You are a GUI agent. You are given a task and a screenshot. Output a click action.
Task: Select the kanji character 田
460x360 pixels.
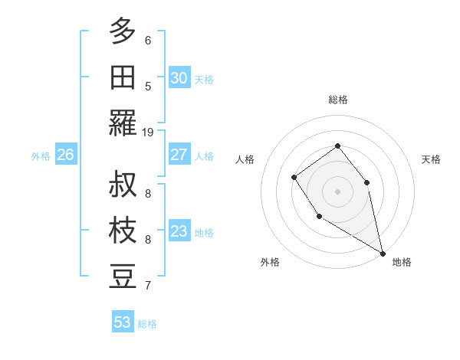pos(123,77)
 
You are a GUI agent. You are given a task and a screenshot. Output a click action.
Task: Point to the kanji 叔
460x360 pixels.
pos(123,185)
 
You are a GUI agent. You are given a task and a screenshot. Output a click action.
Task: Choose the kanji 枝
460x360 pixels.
pos(123,231)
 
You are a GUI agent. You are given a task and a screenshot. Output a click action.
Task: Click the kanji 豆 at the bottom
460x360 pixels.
pos(123,277)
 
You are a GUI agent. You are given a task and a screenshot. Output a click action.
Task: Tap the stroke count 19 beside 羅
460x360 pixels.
pos(148,132)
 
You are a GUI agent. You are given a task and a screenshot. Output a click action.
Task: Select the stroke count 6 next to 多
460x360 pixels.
pos(148,41)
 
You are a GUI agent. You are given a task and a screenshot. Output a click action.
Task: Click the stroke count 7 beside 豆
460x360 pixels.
pos(148,286)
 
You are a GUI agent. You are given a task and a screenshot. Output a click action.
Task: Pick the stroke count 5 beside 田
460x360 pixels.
pos(148,86)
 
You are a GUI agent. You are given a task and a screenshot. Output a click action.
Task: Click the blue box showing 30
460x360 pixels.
pos(179,77)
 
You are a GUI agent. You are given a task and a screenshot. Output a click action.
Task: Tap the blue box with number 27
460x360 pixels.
pos(179,155)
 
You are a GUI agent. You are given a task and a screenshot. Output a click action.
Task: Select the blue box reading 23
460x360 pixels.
pos(179,231)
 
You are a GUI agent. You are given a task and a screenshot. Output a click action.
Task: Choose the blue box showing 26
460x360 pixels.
pos(65,155)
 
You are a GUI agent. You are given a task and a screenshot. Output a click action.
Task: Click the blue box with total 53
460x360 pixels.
pos(123,322)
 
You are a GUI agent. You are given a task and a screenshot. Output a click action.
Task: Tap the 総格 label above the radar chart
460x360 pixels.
pos(338,100)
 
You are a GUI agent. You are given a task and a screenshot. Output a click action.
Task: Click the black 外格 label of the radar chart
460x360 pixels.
pos(270,262)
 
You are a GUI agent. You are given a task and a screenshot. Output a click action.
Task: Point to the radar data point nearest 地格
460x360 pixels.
pos(383,254)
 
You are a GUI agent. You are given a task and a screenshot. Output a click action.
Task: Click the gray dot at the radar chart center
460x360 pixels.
pos(337,191)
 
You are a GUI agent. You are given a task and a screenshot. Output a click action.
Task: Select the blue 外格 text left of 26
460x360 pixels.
pos(41,156)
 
